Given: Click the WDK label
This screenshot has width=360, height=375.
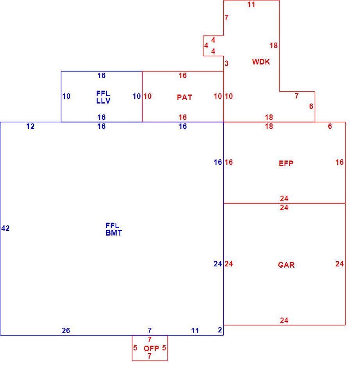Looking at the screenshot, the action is click(x=261, y=62).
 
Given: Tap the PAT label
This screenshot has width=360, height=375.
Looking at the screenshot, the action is click(x=184, y=97).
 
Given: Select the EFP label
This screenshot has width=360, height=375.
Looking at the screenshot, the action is click(x=286, y=163).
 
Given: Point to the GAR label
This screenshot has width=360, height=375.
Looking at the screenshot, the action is click(x=286, y=265).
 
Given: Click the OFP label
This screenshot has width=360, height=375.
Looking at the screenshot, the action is click(x=151, y=348).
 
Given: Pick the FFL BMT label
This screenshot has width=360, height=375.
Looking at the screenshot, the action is click(x=114, y=229).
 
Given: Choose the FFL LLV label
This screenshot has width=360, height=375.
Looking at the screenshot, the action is click(x=103, y=97).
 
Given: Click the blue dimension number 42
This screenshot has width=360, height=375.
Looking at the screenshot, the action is click(x=5, y=229).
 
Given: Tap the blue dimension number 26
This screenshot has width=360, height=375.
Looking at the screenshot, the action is click(x=66, y=330).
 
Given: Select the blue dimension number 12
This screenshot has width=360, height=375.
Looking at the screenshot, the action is click(x=30, y=126).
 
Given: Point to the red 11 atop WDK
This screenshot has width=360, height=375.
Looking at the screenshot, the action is click(x=251, y=5).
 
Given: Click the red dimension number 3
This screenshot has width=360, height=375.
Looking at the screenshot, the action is click(x=226, y=63).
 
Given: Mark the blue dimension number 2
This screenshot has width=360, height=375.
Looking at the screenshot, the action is click(x=220, y=330).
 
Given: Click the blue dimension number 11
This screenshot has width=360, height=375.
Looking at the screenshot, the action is click(x=195, y=331).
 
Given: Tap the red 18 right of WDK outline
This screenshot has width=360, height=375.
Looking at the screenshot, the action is click(x=273, y=45).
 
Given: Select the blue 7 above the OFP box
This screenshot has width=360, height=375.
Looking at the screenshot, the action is click(x=150, y=330).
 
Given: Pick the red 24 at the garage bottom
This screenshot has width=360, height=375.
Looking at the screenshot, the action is click(x=284, y=320).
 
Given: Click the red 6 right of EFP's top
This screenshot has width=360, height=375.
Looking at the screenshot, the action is click(x=330, y=126).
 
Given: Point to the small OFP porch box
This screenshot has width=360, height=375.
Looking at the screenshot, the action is click(x=132, y=348).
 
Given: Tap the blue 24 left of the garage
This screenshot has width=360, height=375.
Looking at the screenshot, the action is click(x=218, y=264).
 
